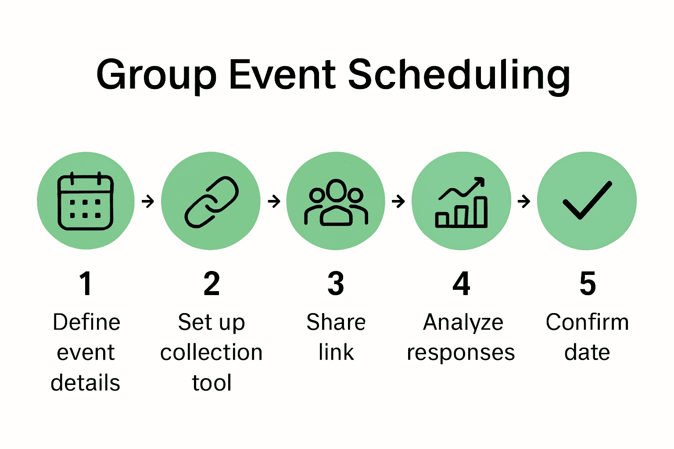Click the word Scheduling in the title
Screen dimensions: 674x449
[x=459, y=76]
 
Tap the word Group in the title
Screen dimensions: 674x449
[x=157, y=77]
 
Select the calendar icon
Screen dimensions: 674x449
[x=86, y=201]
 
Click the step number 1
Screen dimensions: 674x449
[x=86, y=284]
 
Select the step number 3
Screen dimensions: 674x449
[x=336, y=284]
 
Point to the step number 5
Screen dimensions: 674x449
[x=588, y=284]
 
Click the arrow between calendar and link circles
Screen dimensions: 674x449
[x=148, y=201]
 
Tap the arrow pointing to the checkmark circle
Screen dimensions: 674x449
[x=524, y=201]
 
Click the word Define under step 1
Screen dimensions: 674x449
[x=86, y=322]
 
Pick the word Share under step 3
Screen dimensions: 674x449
[x=336, y=322]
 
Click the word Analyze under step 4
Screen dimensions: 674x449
[x=463, y=323]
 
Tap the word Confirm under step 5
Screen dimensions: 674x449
[x=588, y=322]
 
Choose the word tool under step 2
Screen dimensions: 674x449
[x=212, y=382]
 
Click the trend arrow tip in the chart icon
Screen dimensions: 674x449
[x=484, y=178]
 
